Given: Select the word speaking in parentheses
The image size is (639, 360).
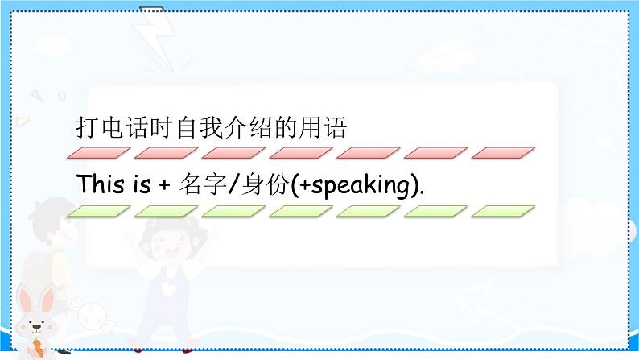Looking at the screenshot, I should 361,185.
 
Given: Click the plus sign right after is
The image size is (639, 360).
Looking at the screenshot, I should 165,184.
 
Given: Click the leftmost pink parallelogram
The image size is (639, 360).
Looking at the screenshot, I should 97,153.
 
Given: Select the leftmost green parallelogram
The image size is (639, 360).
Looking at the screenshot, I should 97,211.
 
